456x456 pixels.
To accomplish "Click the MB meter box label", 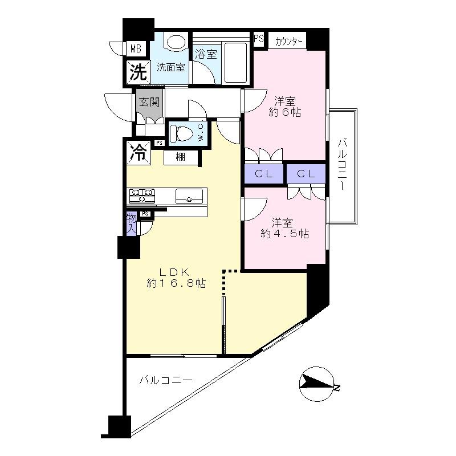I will (136, 48).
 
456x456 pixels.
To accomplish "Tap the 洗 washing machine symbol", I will (137, 72).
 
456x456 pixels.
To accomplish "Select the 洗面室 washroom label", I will (171, 67).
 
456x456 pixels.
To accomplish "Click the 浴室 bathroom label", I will (205, 55).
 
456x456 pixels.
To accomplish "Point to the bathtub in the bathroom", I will (235, 62).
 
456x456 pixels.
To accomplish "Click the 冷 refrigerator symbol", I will (138, 152).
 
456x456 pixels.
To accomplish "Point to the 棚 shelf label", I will (180, 157).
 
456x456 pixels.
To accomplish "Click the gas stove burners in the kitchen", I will (142, 196).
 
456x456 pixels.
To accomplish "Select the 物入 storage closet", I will (131, 223).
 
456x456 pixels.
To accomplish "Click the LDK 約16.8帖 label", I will (176, 277).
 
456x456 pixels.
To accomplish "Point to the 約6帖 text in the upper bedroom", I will (284, 113).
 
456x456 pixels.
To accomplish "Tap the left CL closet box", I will (264, 174).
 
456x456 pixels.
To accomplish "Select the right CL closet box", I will (306, 174).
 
